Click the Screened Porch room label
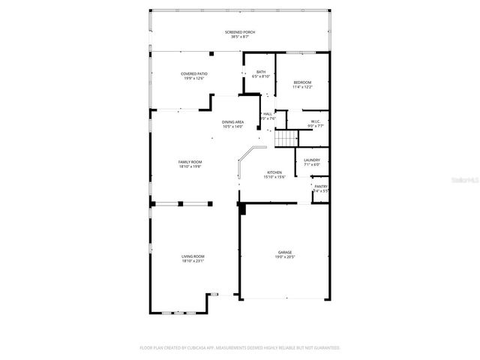[x=239, y=31]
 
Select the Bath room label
[x=260, y=72]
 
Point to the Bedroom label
[x=302, y=82]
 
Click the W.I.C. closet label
[x=316, y=121]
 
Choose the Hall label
[x=268, y=113]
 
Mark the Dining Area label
[x=233, y=122]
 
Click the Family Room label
[x=190, y=162]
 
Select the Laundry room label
[x=312, y=160]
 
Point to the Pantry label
[x=320, y=187]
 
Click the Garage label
[x=285, y=252]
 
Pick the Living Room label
[x=193, y=256]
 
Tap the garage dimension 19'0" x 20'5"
[x=285, y=256]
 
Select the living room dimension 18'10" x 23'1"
[x=193, y=261]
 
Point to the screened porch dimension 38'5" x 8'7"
[x=239, y=36]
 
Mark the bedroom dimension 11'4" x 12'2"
[x=302, y=87]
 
